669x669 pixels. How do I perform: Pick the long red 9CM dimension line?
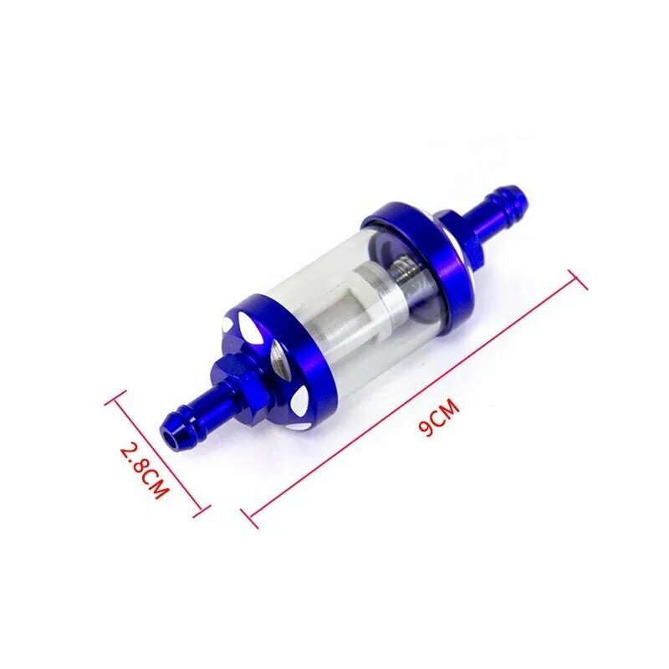(x=413, y=396)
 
